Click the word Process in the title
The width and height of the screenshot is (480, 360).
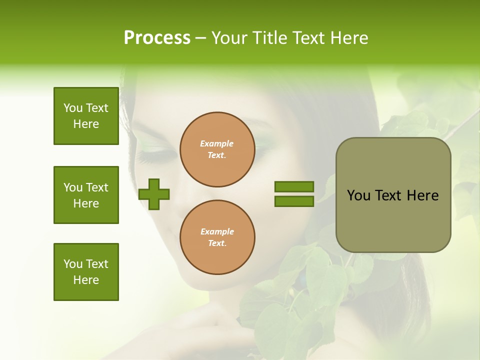pos(157,38)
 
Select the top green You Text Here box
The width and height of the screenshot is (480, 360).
pos(86,116)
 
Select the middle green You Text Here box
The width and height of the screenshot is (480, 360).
pos(86,195)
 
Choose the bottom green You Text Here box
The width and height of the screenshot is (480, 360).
pos(86,272)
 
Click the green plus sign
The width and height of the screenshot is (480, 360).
pos(154,194)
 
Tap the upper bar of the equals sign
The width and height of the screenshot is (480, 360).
pos(294,186)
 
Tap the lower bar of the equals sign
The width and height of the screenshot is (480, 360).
pos(294,201)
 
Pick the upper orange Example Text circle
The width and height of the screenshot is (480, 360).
pos(217,149)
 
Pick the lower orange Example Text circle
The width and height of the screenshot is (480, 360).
pos(217,237)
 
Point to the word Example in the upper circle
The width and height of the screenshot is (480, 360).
pos(217,143)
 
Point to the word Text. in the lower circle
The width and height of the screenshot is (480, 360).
pos(217,243)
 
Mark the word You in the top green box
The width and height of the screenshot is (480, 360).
pos(73,108)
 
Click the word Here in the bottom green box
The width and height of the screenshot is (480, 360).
pos(86,280)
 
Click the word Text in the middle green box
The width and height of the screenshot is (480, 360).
pos(97,187)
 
